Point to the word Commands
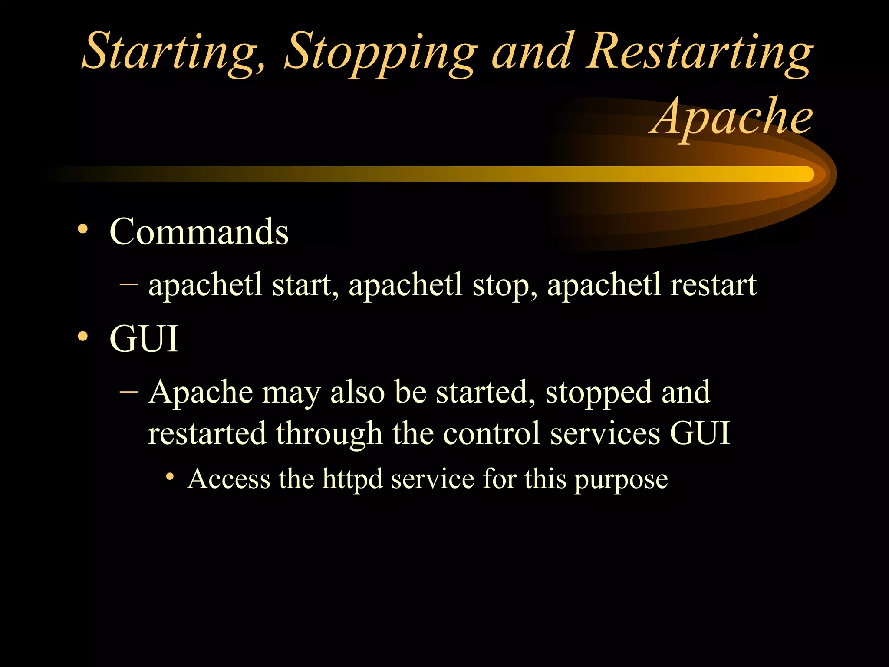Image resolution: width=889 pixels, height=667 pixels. click(x=199, y=232)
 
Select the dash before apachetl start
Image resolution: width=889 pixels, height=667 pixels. click(x=128, y=284)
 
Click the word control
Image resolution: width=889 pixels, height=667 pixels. click(x=492, y=433)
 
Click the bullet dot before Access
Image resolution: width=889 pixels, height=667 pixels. click(x=170, y=477)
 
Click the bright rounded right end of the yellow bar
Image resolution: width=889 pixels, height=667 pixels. click(x=807, y=174)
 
